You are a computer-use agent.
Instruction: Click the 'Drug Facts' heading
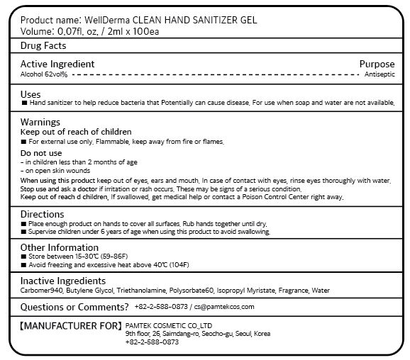tap(43, 46)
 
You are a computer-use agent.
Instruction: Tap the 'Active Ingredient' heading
tap(57, 64)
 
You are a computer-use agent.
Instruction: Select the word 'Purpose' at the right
tap(377, 64)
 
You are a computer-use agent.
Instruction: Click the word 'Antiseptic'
tap(379, 74)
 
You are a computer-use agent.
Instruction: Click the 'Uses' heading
tap(31, 94)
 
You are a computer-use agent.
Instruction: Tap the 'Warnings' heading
tap(40, 122)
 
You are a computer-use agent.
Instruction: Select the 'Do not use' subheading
tap(41, 152)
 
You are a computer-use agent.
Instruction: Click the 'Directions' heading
tap(43, 214)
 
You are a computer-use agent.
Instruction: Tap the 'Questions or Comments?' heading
tap(74, 307)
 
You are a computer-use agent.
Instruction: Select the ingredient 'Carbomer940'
tap(41, 291)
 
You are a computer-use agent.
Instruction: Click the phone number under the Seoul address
tap(152, 342)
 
